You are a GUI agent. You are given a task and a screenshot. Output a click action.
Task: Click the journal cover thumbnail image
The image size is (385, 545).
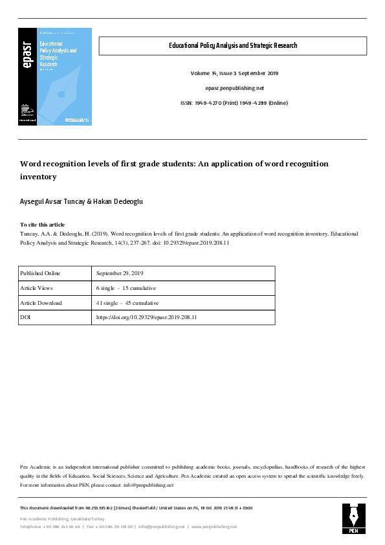click(55, 76)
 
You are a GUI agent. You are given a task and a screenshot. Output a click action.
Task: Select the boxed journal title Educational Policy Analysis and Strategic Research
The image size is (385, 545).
click(232, 46)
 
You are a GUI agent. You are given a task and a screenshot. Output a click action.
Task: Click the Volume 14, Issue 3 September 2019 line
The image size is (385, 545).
click(234, 73)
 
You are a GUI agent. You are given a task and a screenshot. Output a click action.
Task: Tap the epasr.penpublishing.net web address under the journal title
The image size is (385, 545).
click(234, 88)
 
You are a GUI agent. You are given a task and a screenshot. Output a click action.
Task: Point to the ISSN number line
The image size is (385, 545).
click(234, 103)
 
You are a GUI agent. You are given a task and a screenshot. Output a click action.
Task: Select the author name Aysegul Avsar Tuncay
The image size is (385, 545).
click(56, 201)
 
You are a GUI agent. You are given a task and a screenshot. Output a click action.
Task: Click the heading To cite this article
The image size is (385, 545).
click(42, 225)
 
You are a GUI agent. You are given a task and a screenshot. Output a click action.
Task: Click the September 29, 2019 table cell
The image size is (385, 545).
click(120, 273)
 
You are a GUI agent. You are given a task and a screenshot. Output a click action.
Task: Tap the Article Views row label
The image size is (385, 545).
click(36, 288)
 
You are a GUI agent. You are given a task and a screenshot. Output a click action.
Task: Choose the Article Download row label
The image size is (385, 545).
click(41, 303)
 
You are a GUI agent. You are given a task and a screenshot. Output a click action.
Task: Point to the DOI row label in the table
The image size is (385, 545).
click(25, 318)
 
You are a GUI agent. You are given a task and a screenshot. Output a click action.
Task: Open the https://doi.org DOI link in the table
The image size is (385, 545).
click(146, 318)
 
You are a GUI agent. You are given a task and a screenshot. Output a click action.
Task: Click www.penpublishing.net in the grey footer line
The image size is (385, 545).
click(214, 527)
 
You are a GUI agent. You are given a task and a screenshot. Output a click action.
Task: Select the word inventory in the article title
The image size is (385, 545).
click(38, 176)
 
